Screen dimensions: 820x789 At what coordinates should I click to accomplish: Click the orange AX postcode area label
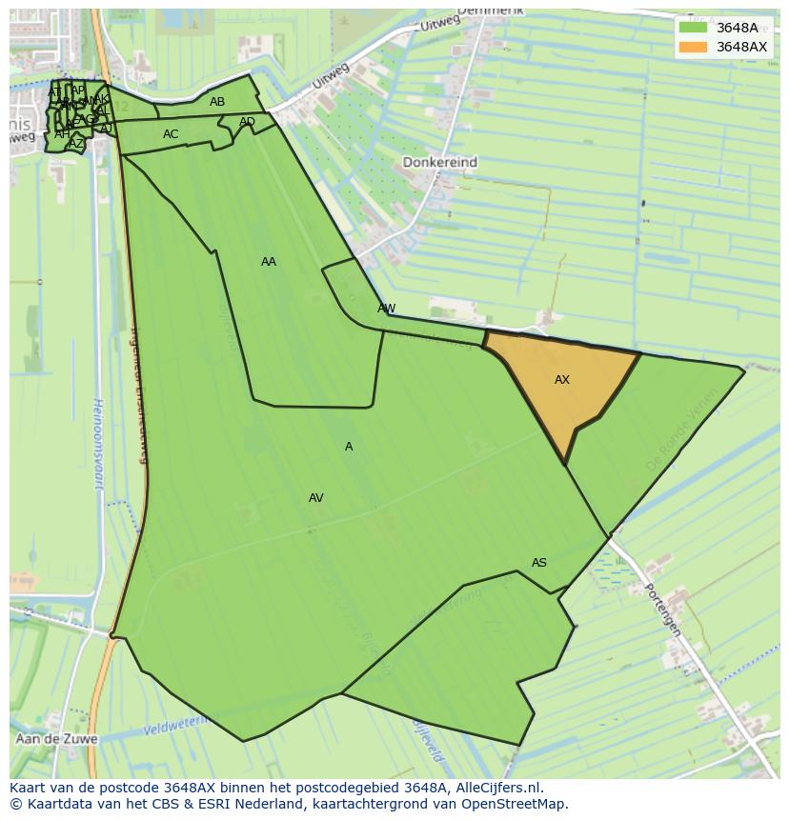point(562,380)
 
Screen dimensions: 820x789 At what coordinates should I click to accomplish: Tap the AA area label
point(269,262)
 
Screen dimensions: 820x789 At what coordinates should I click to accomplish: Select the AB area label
point(217,102)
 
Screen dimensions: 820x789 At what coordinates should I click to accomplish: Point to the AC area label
point(171,134)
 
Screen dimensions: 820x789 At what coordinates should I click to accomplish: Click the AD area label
point(247,122)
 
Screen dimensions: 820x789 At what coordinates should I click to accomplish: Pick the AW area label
point(386,309)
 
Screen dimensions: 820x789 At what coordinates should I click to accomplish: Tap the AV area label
point(316,498)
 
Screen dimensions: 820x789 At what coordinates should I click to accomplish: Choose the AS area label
point(539,563)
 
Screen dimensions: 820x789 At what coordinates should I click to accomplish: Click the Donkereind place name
point(439,163)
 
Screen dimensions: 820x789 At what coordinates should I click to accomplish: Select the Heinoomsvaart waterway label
point(97,444)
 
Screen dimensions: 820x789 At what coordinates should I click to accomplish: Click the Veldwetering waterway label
point(177,728)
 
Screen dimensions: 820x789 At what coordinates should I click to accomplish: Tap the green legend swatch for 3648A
point(693,28)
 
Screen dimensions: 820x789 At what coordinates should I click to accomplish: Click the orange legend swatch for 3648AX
point(693,47)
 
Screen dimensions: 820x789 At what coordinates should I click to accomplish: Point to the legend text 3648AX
point(741,47)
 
